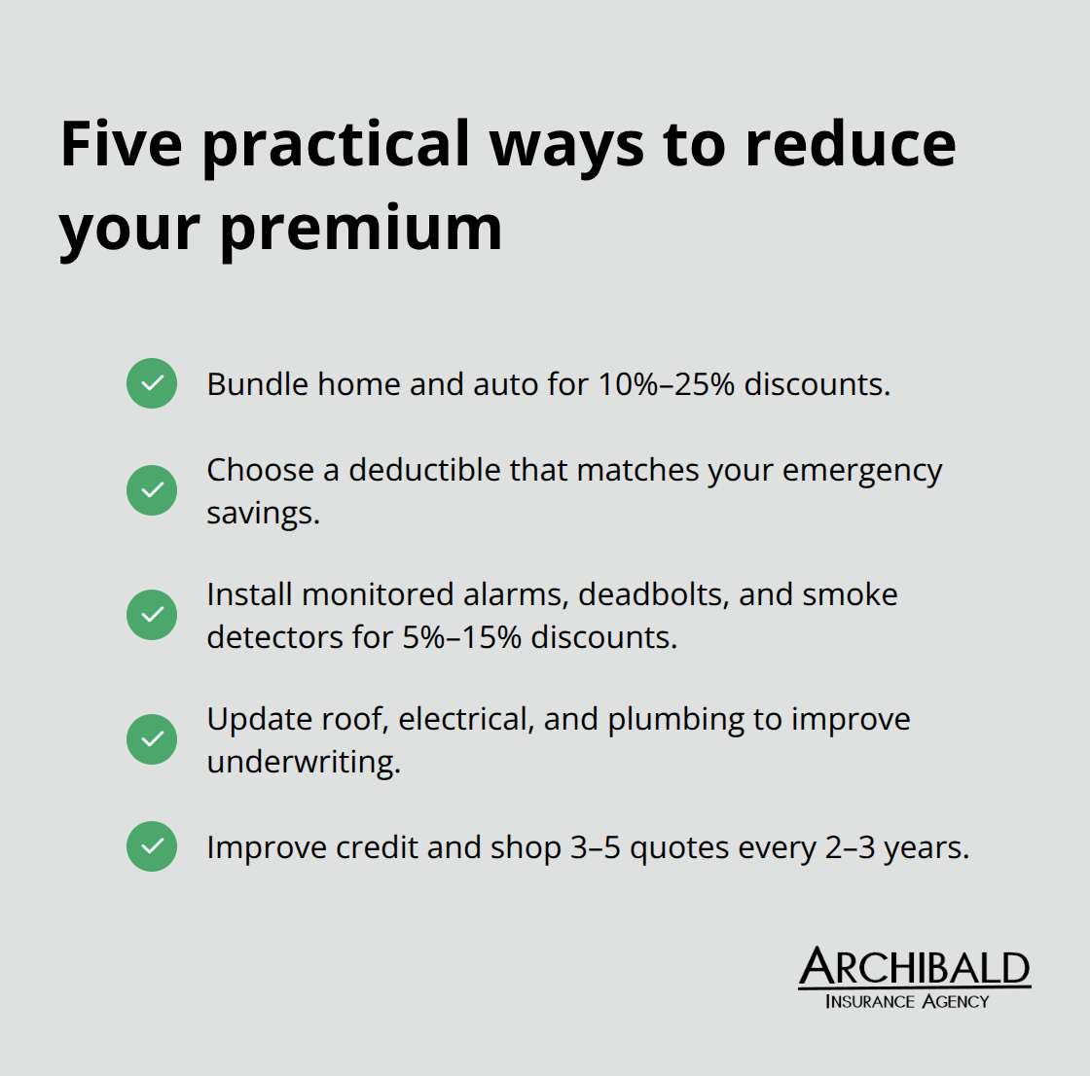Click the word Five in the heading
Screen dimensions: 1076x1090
(122, 144)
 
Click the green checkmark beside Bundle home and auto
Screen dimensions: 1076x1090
(152, 383)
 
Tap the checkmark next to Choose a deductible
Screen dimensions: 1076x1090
(152, 490)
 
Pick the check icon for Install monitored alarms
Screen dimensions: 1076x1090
(152, 615)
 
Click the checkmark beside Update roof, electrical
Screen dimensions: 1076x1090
(152, 739)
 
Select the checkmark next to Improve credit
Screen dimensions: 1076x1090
(152, 846)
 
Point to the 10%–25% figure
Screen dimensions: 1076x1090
(666, 384)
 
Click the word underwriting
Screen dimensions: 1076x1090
(303, 762)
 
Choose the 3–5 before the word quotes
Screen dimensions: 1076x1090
(595, 847)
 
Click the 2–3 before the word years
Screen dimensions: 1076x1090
(850, 847)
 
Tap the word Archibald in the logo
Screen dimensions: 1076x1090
(914, 968)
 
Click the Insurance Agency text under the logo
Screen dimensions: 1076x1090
(907, 1002)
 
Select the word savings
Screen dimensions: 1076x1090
(263, 513)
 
